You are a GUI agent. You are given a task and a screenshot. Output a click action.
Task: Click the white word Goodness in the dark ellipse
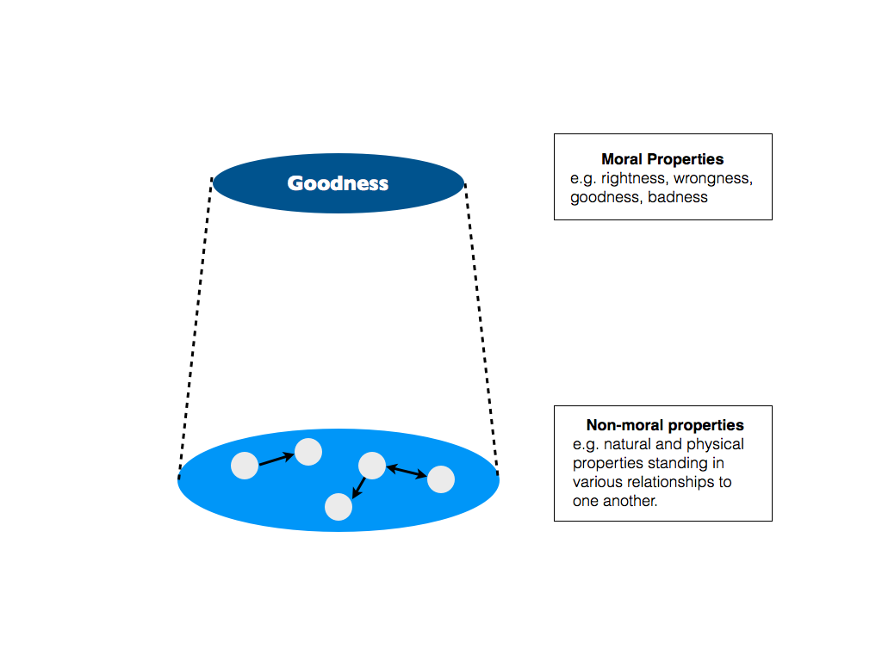[x=338, y=183]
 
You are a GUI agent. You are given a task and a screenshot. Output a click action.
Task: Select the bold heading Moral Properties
[x=662, y=159]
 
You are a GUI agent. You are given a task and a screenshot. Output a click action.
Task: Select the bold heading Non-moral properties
[x=665, y=425]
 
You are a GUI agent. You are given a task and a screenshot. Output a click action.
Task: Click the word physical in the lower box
[x=718, y=444]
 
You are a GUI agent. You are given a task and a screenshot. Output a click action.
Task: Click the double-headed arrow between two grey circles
[x=406, y=472]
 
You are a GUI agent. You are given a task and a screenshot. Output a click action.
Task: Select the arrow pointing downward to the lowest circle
[x=359, y=488]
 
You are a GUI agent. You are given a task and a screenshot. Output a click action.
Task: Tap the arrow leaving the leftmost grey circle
[x=276, y=459]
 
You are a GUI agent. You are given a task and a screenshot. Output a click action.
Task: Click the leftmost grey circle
[x=245, y=466]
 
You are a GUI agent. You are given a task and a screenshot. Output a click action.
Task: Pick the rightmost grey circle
[x=441, y=479]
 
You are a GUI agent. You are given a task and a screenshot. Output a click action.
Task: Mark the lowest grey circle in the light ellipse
[x=339, y=507]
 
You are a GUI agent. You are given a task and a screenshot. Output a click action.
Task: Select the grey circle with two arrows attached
[x=371, y=465]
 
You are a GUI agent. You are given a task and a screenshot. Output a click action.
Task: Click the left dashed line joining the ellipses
[x=196, y=327]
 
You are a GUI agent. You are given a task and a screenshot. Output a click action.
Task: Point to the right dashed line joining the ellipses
[x=481, y=327]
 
